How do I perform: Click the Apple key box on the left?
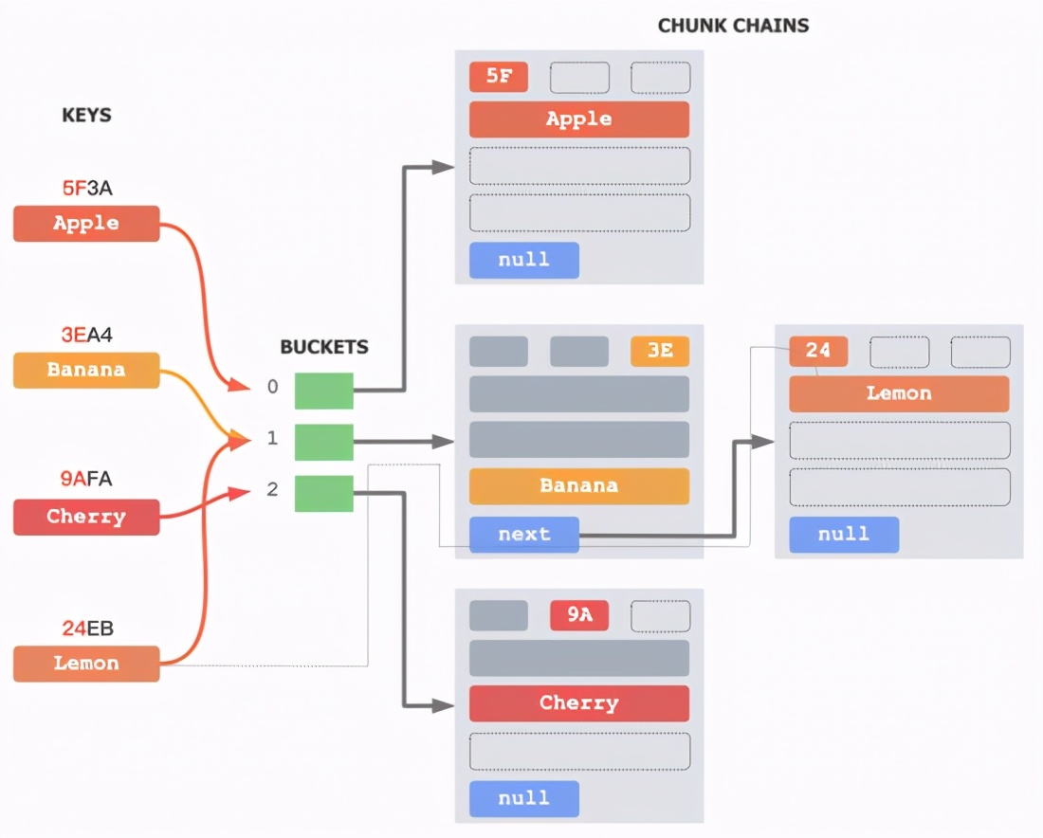86,224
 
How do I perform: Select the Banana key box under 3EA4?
86,370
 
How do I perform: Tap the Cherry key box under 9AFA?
86,517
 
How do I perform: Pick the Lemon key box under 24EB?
86,664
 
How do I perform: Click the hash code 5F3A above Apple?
86,188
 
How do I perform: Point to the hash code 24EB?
86,628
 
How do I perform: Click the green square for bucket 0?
323,391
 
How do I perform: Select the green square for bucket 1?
323,442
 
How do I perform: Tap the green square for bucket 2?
323,493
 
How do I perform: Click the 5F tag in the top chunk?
499,77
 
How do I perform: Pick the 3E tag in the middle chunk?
660,351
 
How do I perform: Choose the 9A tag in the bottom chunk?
579,615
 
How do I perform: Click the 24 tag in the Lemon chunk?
818,351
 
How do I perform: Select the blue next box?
523,535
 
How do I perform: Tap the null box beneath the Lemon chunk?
843,535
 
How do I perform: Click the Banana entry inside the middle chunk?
578,485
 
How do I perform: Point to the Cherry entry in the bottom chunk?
578,703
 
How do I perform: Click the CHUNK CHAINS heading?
733,26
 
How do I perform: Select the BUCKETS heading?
323,347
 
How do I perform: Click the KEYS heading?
86,116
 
